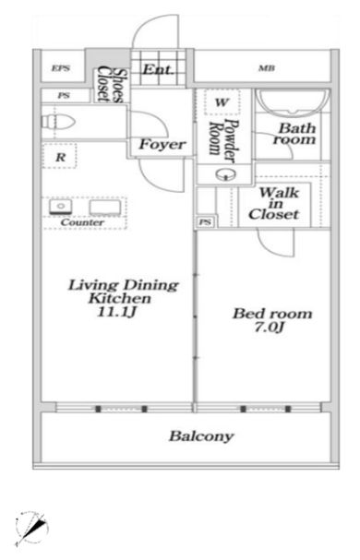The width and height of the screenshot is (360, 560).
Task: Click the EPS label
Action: [60, 68]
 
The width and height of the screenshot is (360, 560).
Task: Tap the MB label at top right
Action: [267, 68]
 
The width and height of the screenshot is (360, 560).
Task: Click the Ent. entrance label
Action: [157, 69]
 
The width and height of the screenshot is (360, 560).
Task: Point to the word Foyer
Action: [162, 145]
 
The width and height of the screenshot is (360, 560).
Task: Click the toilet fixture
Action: [58, 122]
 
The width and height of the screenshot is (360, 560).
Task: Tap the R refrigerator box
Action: [60, 156]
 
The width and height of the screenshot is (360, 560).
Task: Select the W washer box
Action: [222, 102]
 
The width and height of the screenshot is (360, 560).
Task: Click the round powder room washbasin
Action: [226, 174]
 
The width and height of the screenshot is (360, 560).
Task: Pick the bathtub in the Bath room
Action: [294, 101]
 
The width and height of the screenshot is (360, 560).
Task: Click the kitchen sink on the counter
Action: [61, 207]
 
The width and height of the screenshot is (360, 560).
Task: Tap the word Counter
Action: [82, 222]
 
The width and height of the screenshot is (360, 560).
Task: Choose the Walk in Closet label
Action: [274, 204]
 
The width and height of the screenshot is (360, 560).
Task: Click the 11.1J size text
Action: [117, 313]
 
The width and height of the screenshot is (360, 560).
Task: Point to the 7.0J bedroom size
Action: [270, 328]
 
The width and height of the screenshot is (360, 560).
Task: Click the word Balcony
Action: [201, 436]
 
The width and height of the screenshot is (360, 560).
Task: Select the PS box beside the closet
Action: [206, 222]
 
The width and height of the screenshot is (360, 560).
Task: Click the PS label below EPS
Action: [64, 96]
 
